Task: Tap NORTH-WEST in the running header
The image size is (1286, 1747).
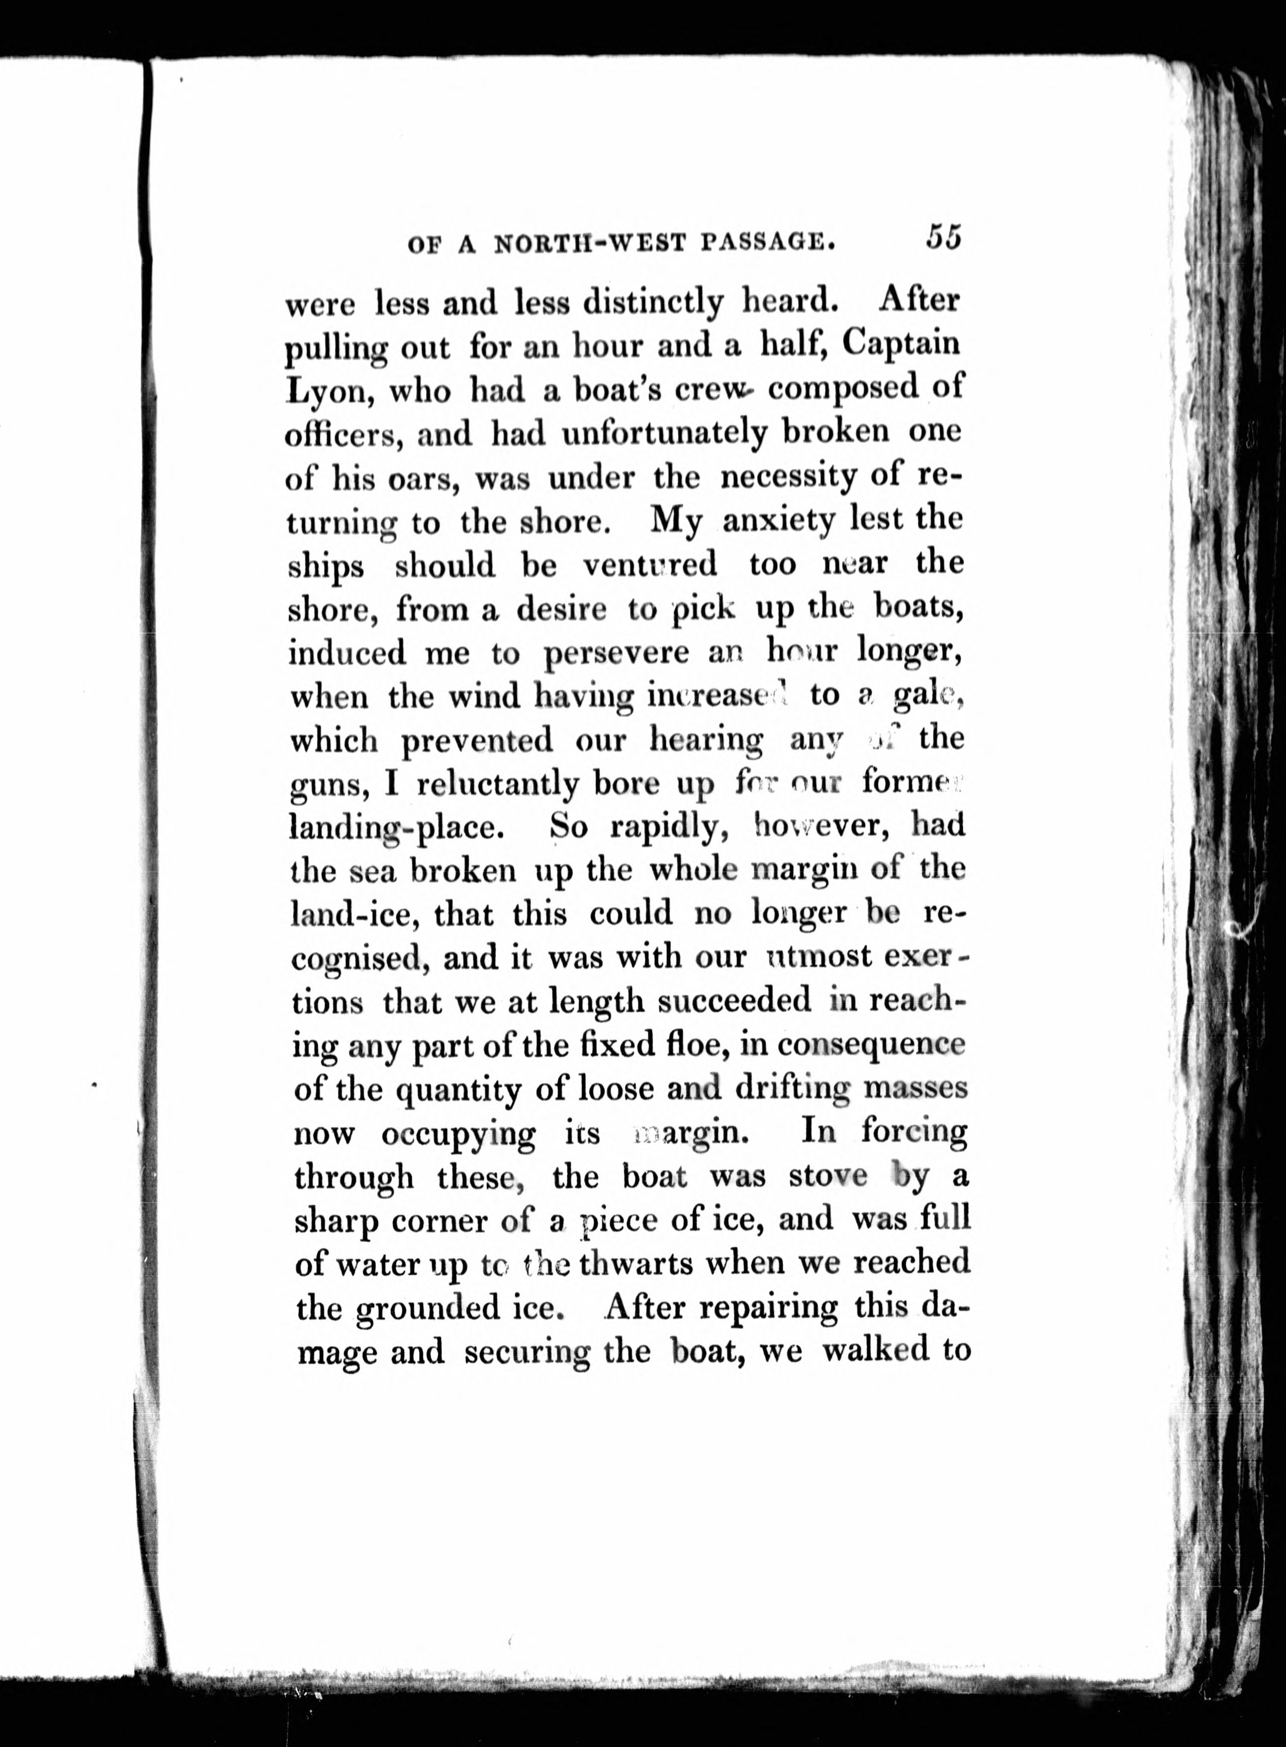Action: (590, 245)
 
